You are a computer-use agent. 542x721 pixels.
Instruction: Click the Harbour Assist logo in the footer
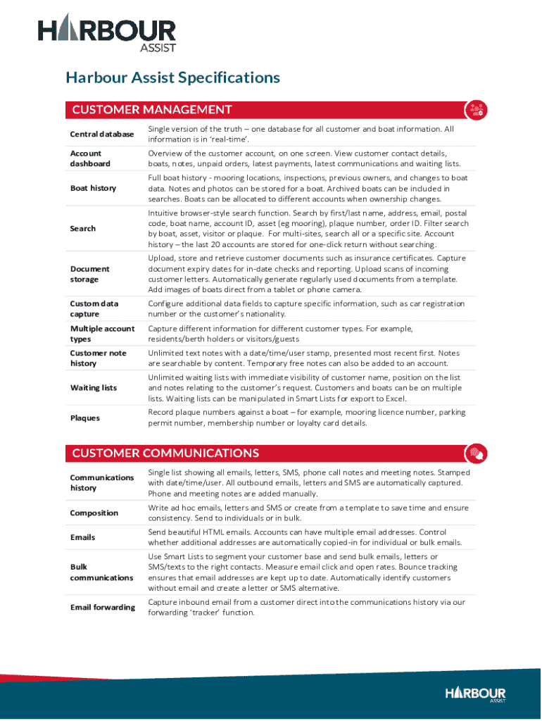pos(475,694)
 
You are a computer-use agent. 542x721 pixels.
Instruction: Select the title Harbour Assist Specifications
pos(172,77)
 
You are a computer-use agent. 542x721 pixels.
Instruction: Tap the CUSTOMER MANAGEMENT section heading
pos(152,109)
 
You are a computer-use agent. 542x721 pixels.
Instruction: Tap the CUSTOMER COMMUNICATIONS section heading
pos(165,453)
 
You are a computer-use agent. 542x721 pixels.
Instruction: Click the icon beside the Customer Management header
pos(477,109)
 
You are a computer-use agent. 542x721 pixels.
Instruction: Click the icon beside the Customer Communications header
pos(477,453)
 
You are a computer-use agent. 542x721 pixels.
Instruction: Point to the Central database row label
pos(101,134)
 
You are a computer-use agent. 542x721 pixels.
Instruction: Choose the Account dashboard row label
pos(90,158)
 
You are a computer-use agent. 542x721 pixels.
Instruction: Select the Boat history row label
pos(93,188)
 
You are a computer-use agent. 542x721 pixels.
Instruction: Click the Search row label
pos(83,228)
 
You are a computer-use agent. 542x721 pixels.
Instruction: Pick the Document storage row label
pos(90,274)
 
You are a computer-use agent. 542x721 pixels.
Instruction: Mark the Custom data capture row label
pos(94,309)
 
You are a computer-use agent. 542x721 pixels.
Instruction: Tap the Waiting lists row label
pos(94,388)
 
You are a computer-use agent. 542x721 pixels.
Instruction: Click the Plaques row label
pos(85,418)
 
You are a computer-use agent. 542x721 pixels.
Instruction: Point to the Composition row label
pos(94,513)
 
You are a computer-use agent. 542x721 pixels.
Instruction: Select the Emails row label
pos(83,537)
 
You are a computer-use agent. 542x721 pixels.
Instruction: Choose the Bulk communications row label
pos(101,572)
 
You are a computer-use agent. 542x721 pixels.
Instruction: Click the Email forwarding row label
pos(102,607)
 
